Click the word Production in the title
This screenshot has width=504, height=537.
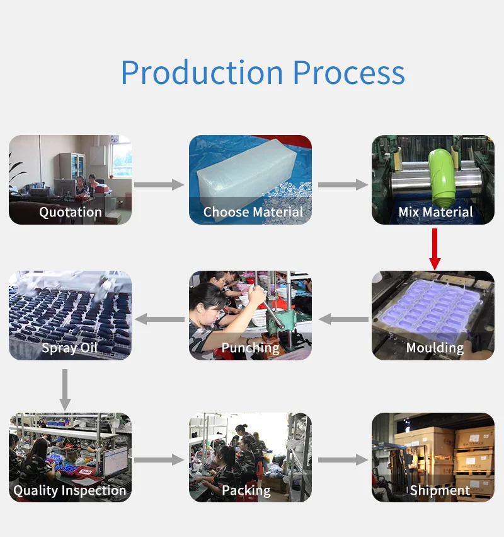click(202, 73)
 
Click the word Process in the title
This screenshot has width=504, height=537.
click(349, 73)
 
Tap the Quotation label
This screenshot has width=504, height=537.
click(71, 212)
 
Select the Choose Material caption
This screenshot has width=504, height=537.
click(253, 212)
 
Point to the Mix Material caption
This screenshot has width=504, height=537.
click(435, 212)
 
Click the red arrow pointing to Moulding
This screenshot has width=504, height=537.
click(435, 249)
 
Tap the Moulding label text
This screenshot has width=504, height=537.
click(435, 348)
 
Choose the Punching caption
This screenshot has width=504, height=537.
click(250, 348)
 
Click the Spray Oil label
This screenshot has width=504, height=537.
click(69, 348)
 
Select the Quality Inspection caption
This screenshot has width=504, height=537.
click(70, 490)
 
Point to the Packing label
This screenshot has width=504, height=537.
click(246, 490)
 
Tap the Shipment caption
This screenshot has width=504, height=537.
click(440, 490)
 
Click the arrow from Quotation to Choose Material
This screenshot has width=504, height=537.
click(159, 185)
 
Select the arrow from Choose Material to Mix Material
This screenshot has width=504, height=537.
click(343, 185)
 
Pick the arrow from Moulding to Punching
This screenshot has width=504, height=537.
click(343, 319)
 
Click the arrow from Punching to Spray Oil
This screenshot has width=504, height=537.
click(159, 319)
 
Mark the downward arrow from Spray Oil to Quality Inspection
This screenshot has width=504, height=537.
click(65, 390)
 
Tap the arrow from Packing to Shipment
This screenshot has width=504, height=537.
click(343, 459)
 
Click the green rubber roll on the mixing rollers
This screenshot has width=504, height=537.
click(443, 178)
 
